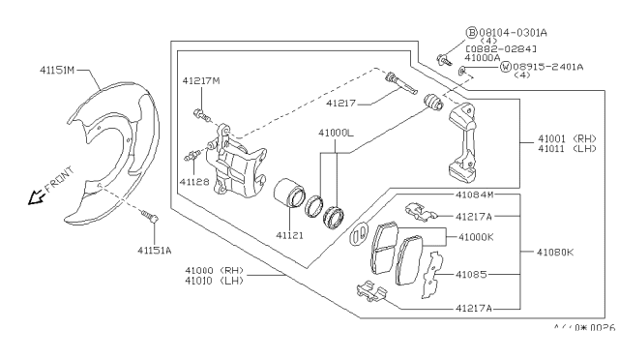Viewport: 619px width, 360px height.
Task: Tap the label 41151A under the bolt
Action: point(156,250)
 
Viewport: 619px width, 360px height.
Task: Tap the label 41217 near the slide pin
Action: point(340,102)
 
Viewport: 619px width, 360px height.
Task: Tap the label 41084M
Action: point(475,195)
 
